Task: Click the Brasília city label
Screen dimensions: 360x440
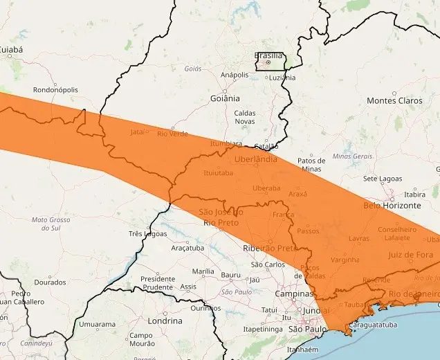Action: point(268,55)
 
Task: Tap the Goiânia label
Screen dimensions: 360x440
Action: point(225,98)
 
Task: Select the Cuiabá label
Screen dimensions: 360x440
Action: point(10,50)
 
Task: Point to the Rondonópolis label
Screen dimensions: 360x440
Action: point(55,90)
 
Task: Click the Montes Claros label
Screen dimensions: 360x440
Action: point(394,100)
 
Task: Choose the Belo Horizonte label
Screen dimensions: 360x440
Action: point(392,206)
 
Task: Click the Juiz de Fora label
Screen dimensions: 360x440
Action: point(410,255)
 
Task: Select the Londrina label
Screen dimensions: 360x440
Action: point(165,321)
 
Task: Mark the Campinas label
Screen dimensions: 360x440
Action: point(295,294)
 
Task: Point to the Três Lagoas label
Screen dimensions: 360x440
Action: point(147,234)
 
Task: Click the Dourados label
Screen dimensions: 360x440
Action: point(50,282)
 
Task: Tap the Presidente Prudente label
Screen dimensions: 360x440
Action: point(158,282)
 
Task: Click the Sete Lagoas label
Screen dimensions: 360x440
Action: point(382,179)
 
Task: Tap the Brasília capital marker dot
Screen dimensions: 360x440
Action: point(268,62)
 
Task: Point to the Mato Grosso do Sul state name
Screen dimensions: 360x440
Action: point(51,224)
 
